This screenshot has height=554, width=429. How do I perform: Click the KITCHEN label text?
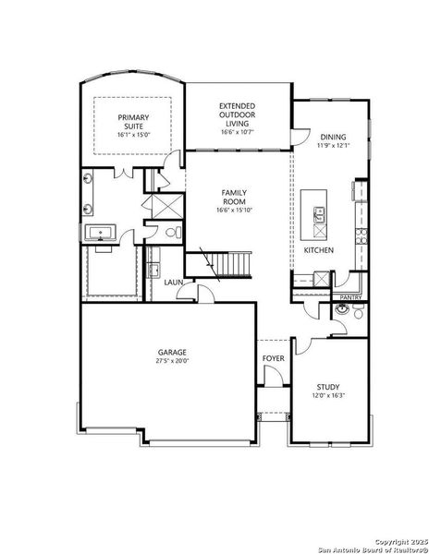point(319,249)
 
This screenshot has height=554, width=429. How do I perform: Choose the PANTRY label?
point(349,297)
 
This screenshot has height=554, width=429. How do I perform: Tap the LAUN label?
point(173,283)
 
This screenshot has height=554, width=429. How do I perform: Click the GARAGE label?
point(172,352)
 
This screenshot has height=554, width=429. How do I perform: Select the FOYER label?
point(273,357)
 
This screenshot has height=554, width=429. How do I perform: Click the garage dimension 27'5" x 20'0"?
point(172,362)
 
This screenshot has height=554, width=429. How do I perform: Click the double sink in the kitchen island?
point(319,216)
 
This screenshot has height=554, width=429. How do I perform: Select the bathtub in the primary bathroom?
point(99,233)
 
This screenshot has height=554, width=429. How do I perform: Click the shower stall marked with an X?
point(163,206)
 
